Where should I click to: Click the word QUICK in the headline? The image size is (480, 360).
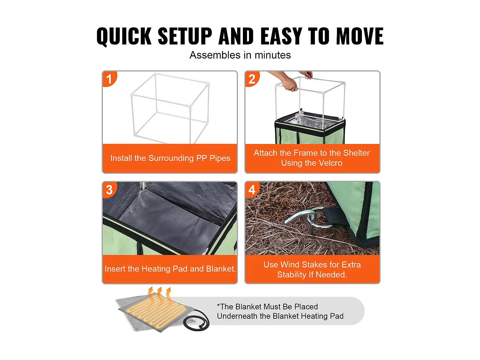(124, 36)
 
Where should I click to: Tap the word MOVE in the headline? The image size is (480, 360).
(360, 36)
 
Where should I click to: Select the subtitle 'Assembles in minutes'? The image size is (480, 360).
(240, 55)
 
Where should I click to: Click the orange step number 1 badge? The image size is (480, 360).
(109, 79)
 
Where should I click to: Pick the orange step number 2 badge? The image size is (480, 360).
(252, 79)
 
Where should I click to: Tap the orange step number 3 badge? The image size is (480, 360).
(109, 189)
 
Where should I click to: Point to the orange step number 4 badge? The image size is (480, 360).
(252, 189)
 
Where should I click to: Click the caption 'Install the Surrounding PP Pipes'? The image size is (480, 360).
(170, 158)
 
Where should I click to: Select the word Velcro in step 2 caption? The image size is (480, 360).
(331, 163)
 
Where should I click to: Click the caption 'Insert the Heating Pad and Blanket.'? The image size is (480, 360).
(170, 269)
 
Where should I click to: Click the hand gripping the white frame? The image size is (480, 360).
(289, 84)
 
